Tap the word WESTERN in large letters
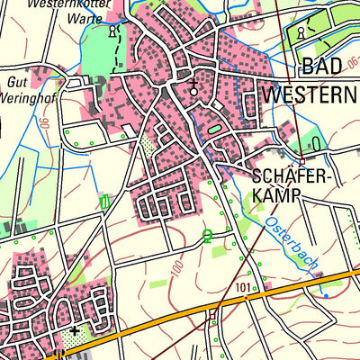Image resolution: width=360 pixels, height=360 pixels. [310, 93]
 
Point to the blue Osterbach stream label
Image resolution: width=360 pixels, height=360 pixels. [292, 242]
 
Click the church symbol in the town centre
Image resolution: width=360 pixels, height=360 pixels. [193, 87]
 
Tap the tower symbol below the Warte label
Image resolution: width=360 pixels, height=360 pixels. [112, 31]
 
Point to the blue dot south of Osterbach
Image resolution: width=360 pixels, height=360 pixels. [325, 294]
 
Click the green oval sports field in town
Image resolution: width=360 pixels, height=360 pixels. [214, 130]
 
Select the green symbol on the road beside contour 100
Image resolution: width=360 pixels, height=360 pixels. [208, 237]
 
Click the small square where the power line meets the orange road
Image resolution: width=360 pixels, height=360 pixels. [211, 315]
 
